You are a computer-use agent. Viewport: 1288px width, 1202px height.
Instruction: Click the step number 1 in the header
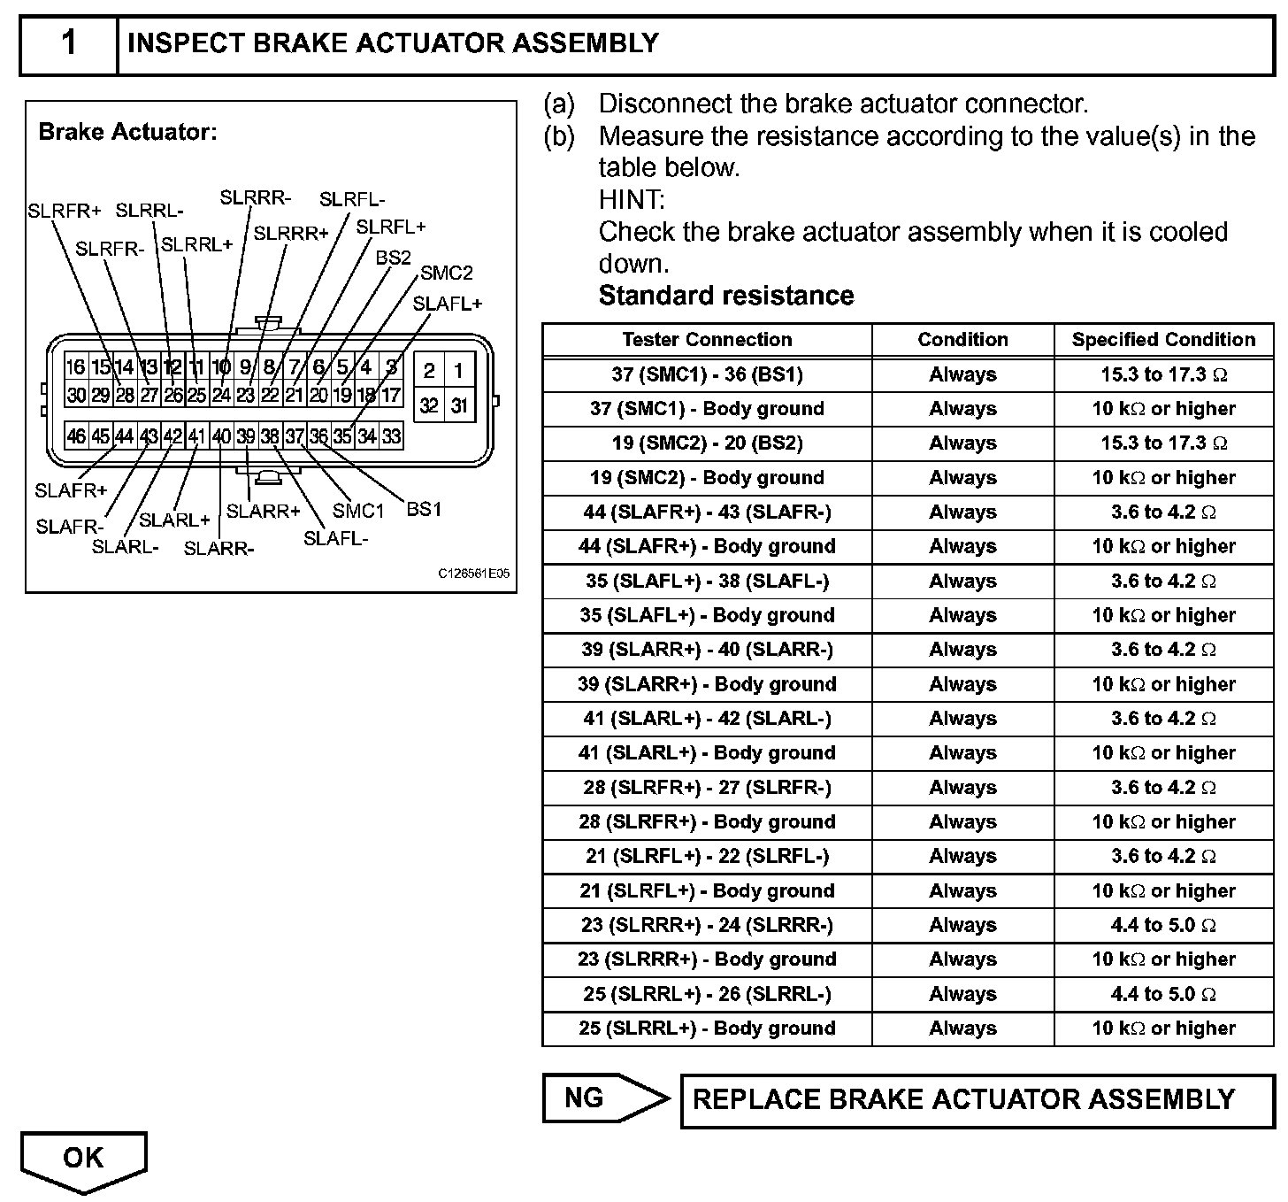pos(69,43)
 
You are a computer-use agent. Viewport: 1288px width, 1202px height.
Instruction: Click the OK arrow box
pos(83,1158)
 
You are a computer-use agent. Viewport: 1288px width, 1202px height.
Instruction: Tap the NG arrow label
pos(586,1098)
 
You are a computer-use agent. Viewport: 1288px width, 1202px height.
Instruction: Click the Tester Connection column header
pos(707,340)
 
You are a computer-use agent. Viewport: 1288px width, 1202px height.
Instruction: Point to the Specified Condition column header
pos(1163,340)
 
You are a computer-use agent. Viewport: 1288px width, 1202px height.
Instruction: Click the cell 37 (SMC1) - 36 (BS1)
pos(707,374)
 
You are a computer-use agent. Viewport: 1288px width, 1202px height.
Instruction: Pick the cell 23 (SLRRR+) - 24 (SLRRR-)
pos(707,925)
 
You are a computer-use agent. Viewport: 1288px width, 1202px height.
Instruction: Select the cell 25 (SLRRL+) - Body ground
pos(707,1029)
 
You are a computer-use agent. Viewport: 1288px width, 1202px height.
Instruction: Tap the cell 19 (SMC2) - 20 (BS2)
pos(707,443)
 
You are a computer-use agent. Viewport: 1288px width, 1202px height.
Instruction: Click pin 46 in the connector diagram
pos(76,435)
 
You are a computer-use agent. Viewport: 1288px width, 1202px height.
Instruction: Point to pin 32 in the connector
pos(429,405)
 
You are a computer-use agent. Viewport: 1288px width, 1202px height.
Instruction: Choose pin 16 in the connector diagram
pos(76,367)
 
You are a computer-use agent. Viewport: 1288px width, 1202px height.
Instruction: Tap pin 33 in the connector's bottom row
pos(391,435)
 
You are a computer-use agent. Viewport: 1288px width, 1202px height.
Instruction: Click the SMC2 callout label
pos(446,273)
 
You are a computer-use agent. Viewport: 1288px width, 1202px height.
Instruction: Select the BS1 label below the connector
pos(424,509)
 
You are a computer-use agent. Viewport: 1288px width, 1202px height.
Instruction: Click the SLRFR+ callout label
pos(64,211)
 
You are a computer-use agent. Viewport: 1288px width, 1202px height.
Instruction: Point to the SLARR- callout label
pos(218,549)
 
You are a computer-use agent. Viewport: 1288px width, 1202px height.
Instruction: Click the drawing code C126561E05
pos(473,574)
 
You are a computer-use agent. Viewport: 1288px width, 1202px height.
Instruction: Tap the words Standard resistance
pos(726,296)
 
